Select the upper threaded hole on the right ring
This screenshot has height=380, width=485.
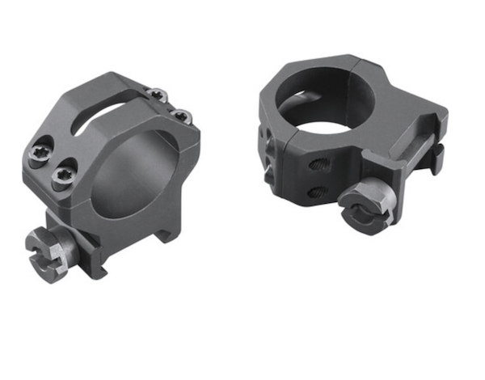[317, 165]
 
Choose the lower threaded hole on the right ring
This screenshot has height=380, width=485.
[318, 191]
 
